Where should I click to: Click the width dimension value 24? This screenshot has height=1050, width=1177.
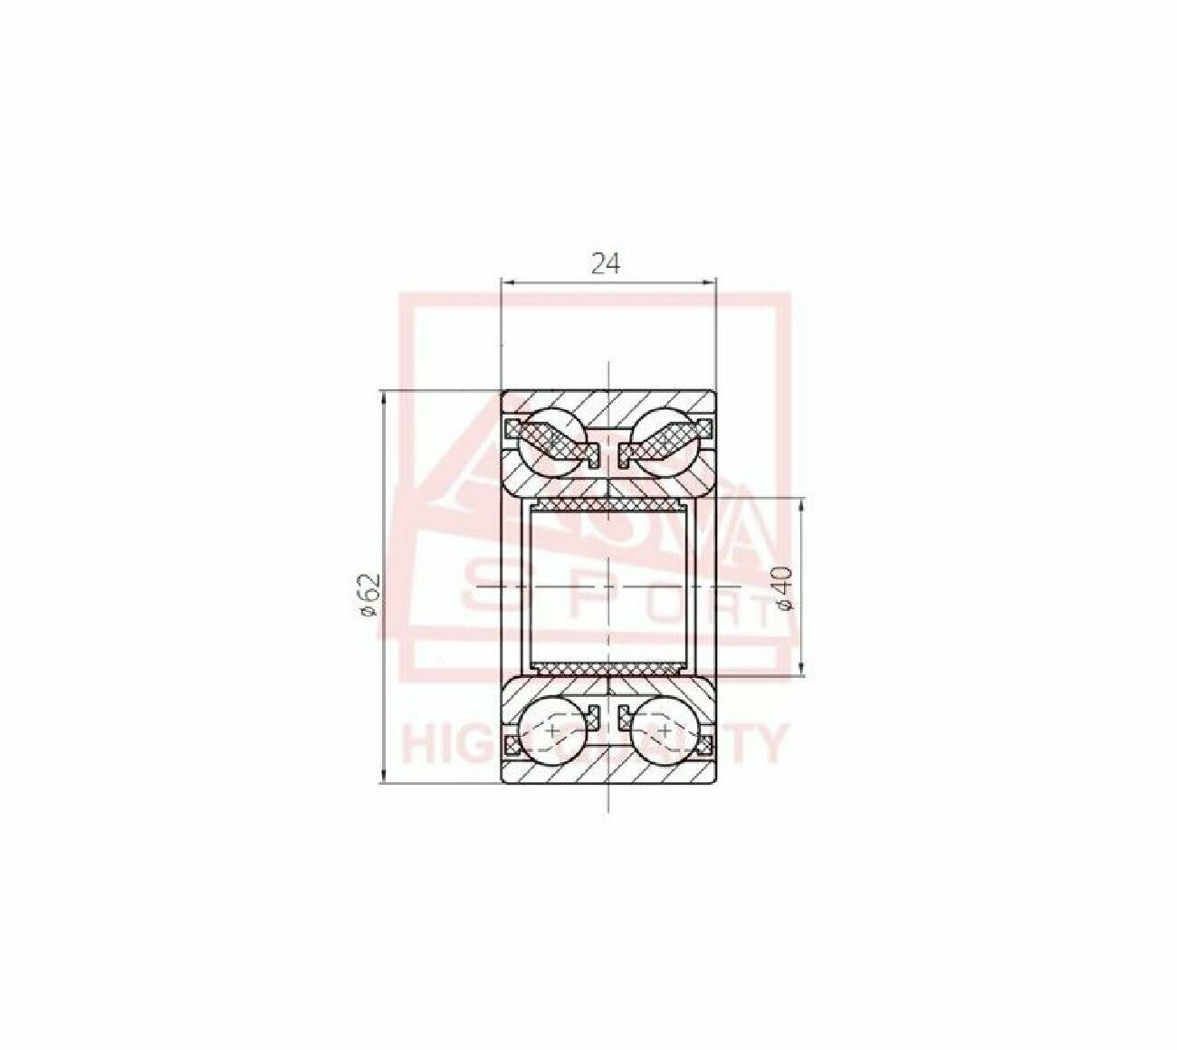606,263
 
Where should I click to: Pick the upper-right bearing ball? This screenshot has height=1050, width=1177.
664,434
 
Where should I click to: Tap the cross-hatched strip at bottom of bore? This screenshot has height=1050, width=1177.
608,669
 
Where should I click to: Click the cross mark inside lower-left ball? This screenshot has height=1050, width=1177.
553,728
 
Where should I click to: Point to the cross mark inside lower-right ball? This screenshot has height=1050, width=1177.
665,728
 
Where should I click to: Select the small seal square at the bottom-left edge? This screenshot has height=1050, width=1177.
513,746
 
